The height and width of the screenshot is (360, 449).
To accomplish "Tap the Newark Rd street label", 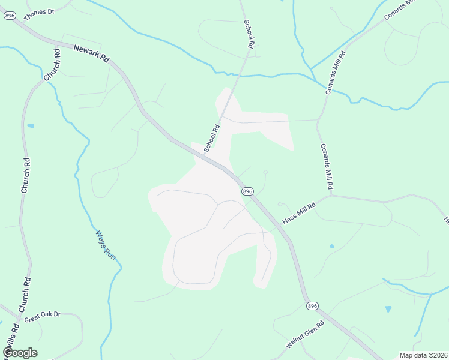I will pos(91,53).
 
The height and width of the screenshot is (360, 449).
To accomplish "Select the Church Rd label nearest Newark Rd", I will pos(52,65).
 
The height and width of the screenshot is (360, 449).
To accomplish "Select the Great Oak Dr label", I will pos(43,315).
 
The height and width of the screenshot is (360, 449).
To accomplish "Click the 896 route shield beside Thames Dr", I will pos(9,16).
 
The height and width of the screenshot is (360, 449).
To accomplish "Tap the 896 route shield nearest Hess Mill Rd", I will pos(247,191).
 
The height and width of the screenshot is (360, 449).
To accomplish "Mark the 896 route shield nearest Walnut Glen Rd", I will pos(312,306).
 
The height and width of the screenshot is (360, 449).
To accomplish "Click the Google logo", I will pos(20,353).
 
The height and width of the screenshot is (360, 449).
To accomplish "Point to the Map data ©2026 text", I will pos(423,355).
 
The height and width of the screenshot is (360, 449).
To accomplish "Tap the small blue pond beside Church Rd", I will pos(31,126).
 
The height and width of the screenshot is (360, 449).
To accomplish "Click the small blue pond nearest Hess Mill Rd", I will pos(331,246).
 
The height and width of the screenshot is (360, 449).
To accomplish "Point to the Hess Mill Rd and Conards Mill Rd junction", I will pos(331,194).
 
